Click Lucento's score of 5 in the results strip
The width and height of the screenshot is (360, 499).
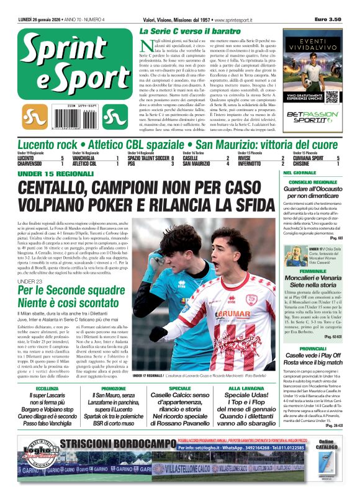[62, 158]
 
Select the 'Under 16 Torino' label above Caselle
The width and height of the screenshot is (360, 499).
[193, 153]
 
